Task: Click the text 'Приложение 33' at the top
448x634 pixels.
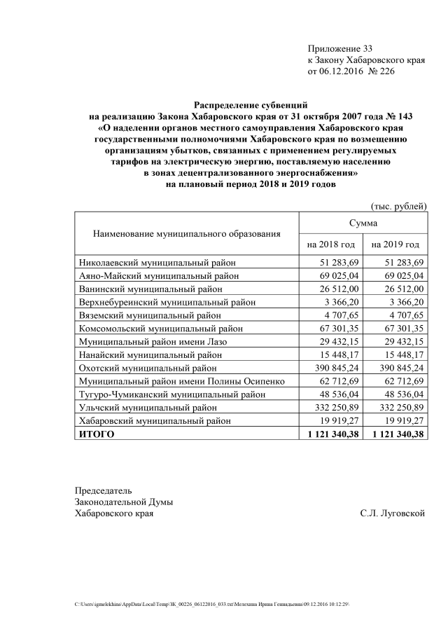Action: (x=340, y=48)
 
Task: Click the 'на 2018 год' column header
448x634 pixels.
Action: (x=331, y=244)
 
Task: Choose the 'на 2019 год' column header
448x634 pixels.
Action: (x=395, y=244)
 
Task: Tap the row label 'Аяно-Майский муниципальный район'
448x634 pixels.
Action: (x=157, y=275)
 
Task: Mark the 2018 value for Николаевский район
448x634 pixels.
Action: (x=339, y=262)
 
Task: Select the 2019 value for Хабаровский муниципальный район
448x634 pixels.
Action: (x=404, y=421)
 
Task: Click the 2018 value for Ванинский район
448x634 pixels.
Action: (x=339, y=289)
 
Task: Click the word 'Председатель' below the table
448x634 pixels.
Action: (x=103, y=490)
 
